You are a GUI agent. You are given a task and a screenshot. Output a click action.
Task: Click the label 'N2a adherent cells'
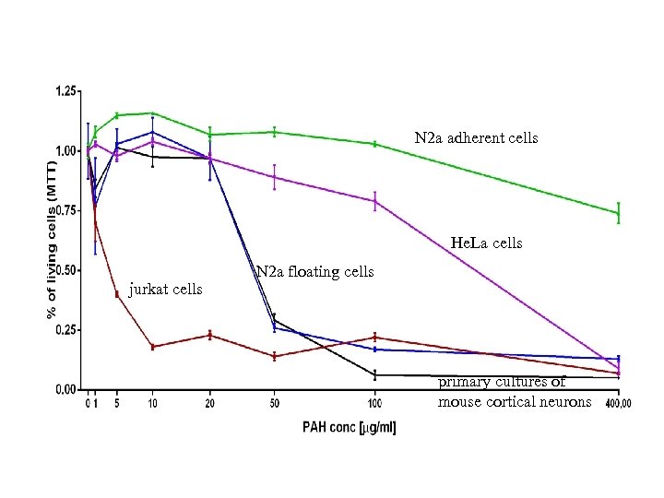point(476,138)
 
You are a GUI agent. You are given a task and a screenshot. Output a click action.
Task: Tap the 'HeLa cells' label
point(486,243)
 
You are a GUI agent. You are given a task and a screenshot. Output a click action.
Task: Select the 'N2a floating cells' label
point(314,271)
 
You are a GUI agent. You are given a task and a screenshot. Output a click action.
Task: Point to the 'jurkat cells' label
point(166,289)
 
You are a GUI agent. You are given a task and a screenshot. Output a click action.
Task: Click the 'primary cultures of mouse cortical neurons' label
point(514,392)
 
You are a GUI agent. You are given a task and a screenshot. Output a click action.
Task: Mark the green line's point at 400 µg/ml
point(618,213)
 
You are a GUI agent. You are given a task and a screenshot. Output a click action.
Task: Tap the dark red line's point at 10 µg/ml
point(152,347)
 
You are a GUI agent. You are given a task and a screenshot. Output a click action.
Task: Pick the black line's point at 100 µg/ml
point(375,374)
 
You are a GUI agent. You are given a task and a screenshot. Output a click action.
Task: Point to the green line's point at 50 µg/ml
point(275,132)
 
